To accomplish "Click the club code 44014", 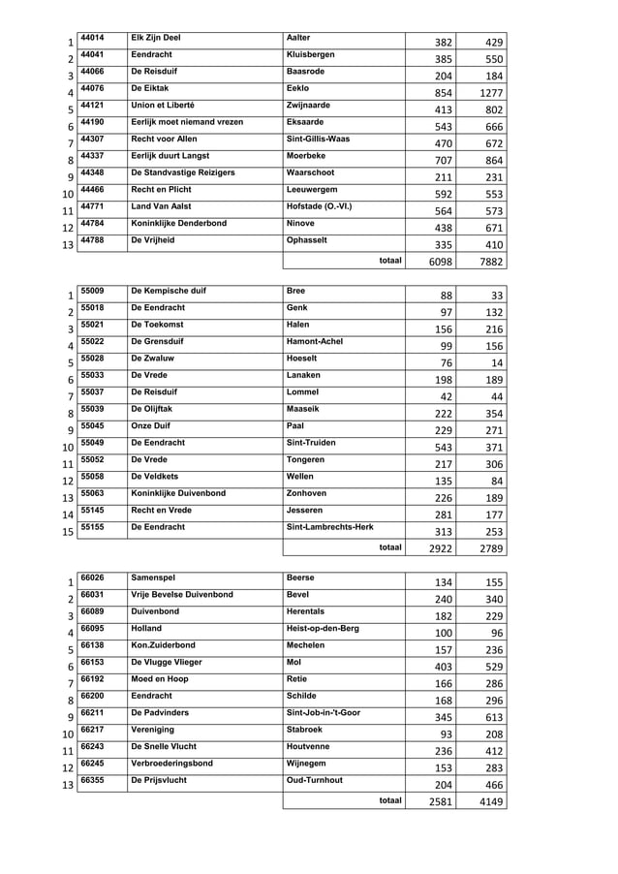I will [x=92, y=38].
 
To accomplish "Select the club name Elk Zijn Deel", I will [x=156, y=38].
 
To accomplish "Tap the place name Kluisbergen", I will [x=315, y=54].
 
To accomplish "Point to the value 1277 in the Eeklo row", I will [x=491, y=93].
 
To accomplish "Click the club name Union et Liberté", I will [x=163, y=105].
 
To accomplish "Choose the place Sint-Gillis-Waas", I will [x=319, y=139].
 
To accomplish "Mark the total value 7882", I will [x=491, y=262].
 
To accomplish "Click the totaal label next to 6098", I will [x=390, y=261].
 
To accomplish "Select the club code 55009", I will [x=92, y=291].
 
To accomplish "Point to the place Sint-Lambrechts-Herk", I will [x=330, y=527].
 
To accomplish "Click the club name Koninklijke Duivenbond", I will [x=178, y=493].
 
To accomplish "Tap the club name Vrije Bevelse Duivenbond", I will [x=182, y=594].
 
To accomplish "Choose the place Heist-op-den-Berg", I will [x=324, y=628].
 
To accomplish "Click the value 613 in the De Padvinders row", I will [x=493, y=718].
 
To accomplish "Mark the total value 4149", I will [x=491, y=802].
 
